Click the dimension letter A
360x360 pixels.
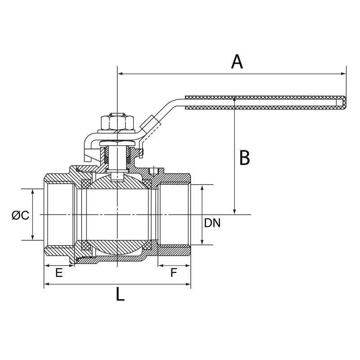click(237, 62)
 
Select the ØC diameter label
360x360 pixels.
click(20, 216)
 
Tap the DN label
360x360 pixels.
click(212, 223)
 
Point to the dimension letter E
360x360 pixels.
click(58, 273)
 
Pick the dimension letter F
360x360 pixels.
click(174, 273)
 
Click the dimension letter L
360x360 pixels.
click(119, 295)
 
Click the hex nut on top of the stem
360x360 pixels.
click(117, 122)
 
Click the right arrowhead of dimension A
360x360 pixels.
click(345, 73)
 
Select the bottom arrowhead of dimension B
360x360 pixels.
click(235, 212)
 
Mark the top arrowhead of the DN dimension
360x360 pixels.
click(202, 186)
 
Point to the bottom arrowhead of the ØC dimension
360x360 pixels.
click(32, 238)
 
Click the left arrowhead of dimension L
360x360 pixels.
click(45, 284)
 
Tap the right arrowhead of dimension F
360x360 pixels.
click(189, 266)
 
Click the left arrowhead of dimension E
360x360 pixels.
click(45, 266)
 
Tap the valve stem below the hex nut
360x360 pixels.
click(117, 155)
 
